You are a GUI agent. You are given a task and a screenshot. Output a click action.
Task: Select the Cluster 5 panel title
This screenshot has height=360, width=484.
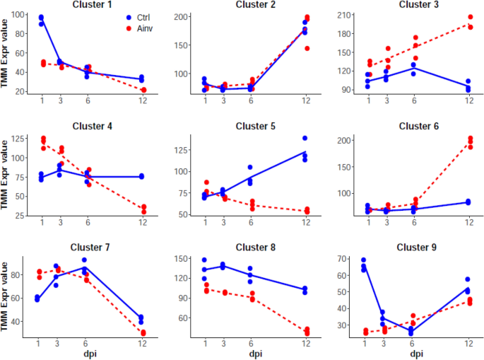click(255, 127)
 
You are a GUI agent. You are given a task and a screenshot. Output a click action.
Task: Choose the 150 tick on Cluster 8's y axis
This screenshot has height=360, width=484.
click(184, 260)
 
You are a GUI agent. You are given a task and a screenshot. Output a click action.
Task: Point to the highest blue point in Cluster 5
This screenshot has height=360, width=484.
click(306, 138)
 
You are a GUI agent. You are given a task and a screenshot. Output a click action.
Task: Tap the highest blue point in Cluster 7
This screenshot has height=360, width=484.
click(84, 260)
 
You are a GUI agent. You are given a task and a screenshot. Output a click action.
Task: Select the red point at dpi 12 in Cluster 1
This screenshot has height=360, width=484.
click(143, 90)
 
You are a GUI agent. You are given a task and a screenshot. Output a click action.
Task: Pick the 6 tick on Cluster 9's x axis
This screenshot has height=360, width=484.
click(414, 343)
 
